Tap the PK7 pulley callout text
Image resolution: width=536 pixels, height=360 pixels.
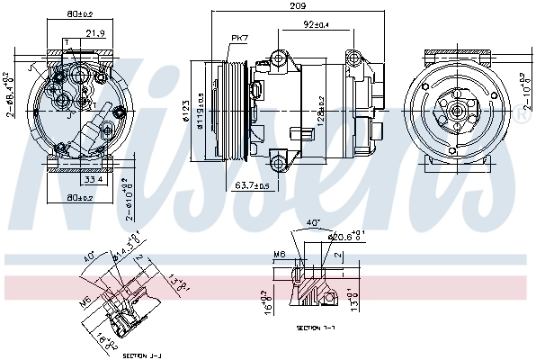click(238, 38)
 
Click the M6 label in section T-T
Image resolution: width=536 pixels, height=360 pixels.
click(280, 255)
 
